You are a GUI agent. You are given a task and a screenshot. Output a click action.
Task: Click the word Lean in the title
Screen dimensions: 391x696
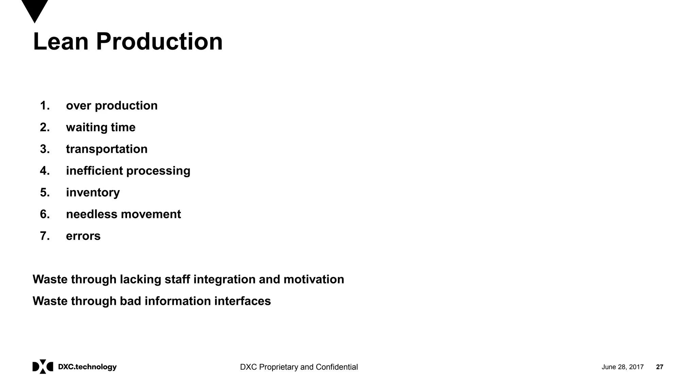[60, 41]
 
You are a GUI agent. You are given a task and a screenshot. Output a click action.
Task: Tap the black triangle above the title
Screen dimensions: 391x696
[35, 10]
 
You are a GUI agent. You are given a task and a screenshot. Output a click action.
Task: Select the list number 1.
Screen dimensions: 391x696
[45, 106]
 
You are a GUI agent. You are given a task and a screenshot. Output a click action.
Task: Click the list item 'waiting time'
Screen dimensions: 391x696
[101, 127]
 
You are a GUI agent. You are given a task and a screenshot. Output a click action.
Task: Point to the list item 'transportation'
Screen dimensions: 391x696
[107, 149]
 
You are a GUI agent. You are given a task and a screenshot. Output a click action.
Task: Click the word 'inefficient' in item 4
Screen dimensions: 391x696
[94, 171]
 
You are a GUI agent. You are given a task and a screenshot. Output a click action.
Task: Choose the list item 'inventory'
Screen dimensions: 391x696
[93, 192]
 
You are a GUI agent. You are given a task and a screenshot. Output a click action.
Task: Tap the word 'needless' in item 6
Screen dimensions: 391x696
[91, 214]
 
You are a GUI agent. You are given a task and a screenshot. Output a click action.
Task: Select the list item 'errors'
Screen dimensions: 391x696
[83, 236]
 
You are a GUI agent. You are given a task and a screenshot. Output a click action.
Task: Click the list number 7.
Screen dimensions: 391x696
[45, 236]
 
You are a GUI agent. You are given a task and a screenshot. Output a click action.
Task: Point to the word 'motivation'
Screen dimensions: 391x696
[314, 279]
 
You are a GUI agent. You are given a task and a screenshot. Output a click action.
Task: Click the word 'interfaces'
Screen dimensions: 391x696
[242, 301]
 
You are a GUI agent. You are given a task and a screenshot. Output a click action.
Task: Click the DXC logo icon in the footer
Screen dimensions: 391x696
[43, 367]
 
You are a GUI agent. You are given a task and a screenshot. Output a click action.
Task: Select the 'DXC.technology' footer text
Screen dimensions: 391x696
[87, 367]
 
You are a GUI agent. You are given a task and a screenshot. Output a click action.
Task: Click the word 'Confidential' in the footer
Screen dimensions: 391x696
[336, 367]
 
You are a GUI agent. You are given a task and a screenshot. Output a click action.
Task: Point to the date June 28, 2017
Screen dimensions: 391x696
[622, 367]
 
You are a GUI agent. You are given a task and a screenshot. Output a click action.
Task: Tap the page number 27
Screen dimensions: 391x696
[659, 367]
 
